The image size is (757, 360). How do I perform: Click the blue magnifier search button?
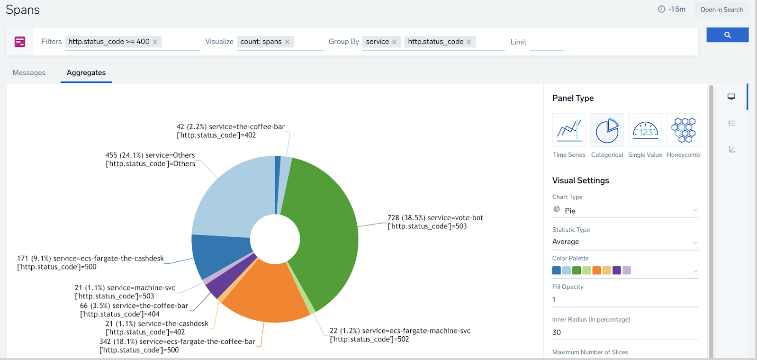[727, 35]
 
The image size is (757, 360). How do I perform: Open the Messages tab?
[29, 72]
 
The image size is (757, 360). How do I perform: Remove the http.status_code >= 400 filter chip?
[155, 42]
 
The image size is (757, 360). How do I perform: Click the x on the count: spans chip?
[287, 42]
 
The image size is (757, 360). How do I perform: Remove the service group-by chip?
[394, 42]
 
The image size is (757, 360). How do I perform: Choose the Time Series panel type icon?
[569, 130]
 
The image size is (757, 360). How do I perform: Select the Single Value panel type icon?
[645, 130]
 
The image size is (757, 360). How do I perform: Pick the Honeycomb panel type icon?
[683, 130]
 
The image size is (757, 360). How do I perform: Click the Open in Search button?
[721, 9]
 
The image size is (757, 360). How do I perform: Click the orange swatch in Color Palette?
[596, 270]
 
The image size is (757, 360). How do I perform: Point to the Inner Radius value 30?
[557, 333]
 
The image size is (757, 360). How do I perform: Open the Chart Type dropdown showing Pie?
[625, 210]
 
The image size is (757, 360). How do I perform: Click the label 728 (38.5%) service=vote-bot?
[435, 218]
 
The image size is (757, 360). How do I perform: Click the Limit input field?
[546, 42]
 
